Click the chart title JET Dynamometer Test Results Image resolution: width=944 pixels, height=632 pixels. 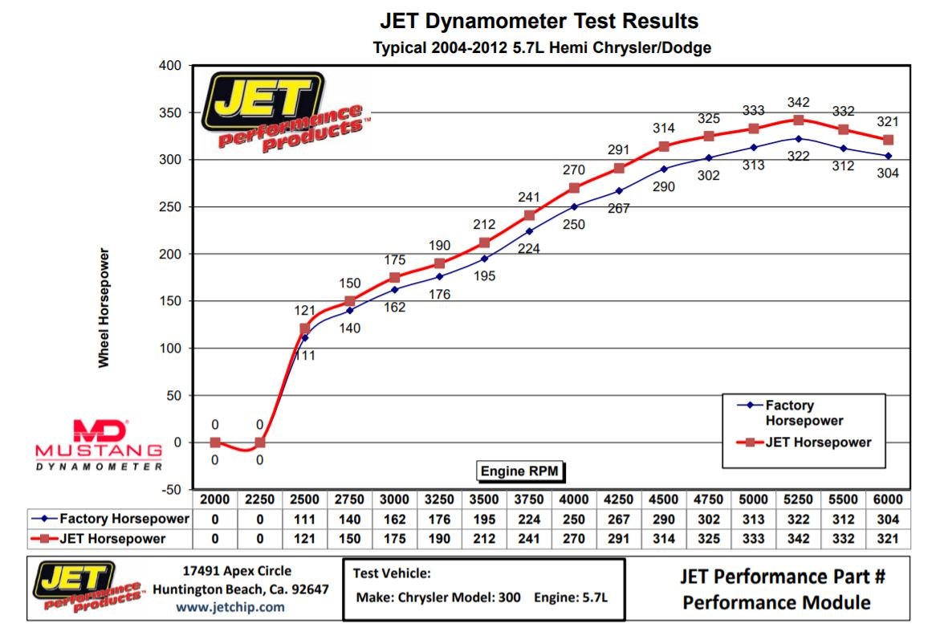(539, 21)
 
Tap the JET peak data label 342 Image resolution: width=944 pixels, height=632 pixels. (798, 102)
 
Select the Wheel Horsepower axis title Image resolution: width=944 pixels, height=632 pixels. (104, 308)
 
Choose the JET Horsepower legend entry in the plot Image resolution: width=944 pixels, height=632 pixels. (806, 442)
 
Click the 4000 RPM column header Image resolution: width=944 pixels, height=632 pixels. (574, 499)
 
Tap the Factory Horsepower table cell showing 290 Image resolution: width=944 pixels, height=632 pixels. (664, 519)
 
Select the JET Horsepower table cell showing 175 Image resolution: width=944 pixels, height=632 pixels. (395, 538)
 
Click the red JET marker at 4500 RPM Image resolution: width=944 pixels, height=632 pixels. (664, 146)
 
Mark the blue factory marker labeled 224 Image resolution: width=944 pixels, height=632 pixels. (529, 231)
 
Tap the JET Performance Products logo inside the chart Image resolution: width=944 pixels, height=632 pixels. (281, 111)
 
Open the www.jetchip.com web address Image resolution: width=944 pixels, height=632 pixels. (230, 607)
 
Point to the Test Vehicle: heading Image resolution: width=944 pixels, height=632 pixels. (392, 573)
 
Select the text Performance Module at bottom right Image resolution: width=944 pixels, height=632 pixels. (776, 601)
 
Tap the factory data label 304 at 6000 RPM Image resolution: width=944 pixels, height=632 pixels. (888, 173)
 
